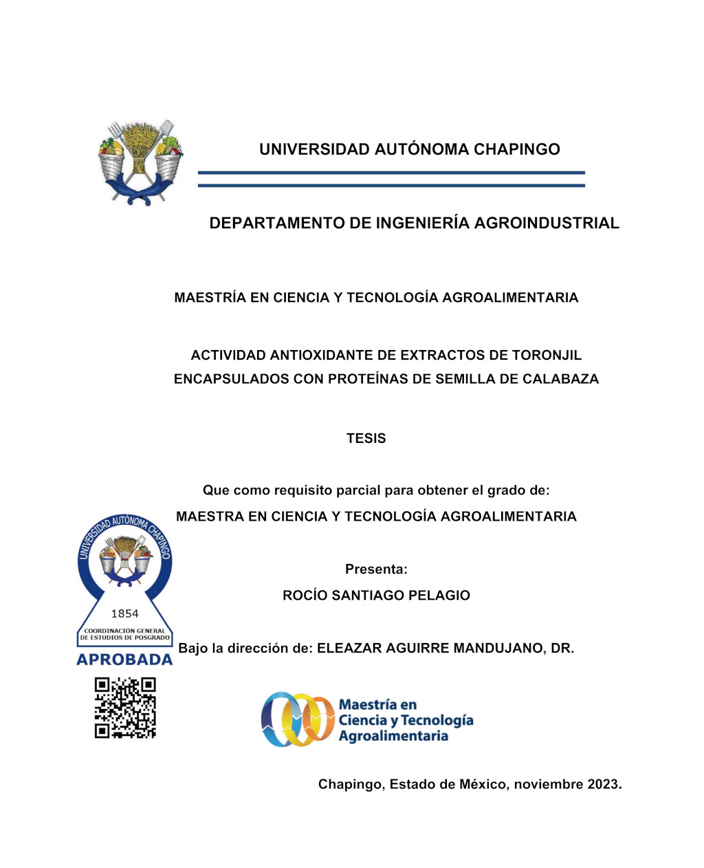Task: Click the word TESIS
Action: click(x=366, y=438)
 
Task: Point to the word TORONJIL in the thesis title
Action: click(x=547, y=356)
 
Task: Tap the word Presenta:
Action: click(x=376, y=569)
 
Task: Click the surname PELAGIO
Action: click(x=439, y=596)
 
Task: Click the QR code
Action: click(x=125, y=708)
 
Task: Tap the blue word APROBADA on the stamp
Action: click(x=124, y=660)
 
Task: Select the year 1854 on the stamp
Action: click(x=124, y=614)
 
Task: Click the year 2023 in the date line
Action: click(x=604, y=784)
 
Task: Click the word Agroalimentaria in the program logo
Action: click(x=393, y=737)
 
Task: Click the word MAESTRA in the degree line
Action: click(x=209, y=517)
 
